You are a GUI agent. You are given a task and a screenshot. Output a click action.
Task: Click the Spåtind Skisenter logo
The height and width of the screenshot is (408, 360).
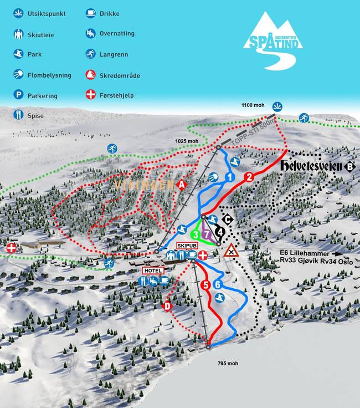tap(272, 35)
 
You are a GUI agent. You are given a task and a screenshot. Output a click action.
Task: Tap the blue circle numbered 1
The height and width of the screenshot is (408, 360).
tap(230, 177)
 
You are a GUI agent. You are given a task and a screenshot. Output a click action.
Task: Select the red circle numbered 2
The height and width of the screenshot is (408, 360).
tap(249, 177)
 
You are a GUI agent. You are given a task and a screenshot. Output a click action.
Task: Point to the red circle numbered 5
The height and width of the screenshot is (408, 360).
tap(205, 285)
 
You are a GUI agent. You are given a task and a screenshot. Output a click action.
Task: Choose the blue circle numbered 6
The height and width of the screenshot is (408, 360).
tap(218, 284)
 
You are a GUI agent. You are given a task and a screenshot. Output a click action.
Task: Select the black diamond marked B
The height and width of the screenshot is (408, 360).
tap(349, 166)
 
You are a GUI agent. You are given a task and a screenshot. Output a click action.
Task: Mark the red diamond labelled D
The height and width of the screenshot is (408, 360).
tap(168, 305)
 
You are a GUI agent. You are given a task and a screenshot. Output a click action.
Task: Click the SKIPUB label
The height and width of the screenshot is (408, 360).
tap(187, 245)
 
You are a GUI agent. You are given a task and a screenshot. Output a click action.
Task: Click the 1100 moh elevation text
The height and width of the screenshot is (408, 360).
tap(253, 105)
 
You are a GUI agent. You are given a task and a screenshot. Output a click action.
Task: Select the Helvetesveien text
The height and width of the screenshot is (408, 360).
tap(311, 166)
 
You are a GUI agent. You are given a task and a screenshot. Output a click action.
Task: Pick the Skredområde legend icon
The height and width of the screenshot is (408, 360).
tap(90, 74)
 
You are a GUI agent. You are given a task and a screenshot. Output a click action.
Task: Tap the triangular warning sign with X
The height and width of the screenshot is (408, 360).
tap(231, 252)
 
